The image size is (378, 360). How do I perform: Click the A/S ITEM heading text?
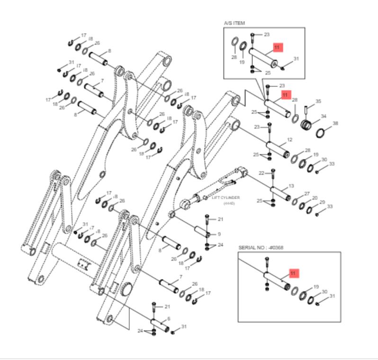pyautogui.click(x=234, y=23)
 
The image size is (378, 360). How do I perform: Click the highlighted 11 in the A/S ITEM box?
pyautogui.click(x=278, y=47)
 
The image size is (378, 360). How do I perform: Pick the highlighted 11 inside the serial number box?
pyautogui.click(x=293, y=273)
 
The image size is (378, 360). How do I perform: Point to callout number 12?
pyautogui.click(x=290, y=140)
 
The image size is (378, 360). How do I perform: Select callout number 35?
pyautogui.click(x=318, y=101)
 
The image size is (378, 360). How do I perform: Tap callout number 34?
pyautogui.click(x=324, y=117)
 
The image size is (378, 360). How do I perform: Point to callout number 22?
pyautogui.click(x=262, y=173)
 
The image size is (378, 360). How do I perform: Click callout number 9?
pyautogui.click(x=219, y=234)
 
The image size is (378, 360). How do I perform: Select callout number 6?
pyautogui.click(x=169, y=318)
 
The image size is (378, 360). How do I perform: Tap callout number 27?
pyautogui.click(x=307, y=194)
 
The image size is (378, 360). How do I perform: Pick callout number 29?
pyautogui.click(x=322, y=202)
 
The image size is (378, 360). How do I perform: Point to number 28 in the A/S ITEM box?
pyautogui.click(x=234, y=57)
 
